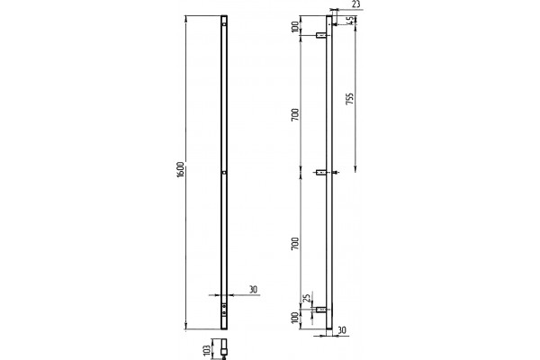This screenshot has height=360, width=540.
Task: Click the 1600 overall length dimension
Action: [x=181, y=168]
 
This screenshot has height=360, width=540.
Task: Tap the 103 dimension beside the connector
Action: [x=207, y=350]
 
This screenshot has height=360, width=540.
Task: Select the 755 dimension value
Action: [x=349, y=98]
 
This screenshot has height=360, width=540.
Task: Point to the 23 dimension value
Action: [x=356, y=4]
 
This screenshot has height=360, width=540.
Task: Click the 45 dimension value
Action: [x=350, y=21]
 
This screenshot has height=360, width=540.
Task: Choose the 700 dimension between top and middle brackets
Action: [x=295, y=114]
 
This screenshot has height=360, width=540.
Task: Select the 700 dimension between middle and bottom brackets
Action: [x=295, y=244]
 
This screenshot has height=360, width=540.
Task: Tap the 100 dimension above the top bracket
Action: [x=295, y=26]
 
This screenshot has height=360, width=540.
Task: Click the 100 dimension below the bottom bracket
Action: [x=295, y=318]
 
